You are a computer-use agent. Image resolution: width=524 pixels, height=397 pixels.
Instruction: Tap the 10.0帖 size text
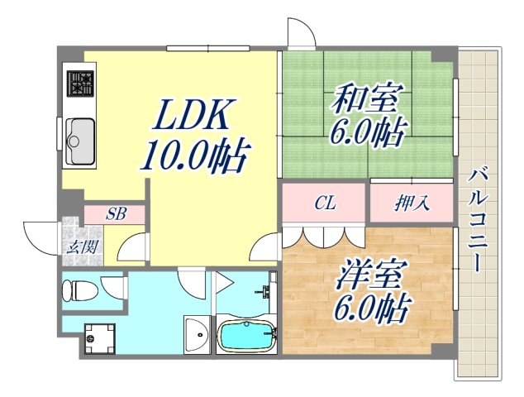pyautogui.click(x=197, y=155)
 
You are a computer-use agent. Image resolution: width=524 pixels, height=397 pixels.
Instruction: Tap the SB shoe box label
pyautogui.click(x=116, y=213)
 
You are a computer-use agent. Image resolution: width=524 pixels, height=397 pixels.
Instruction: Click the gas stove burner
pyautogui.click(x=80, y=84)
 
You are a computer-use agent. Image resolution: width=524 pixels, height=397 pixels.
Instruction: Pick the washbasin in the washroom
pyautogui.click(x=197, y=333)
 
